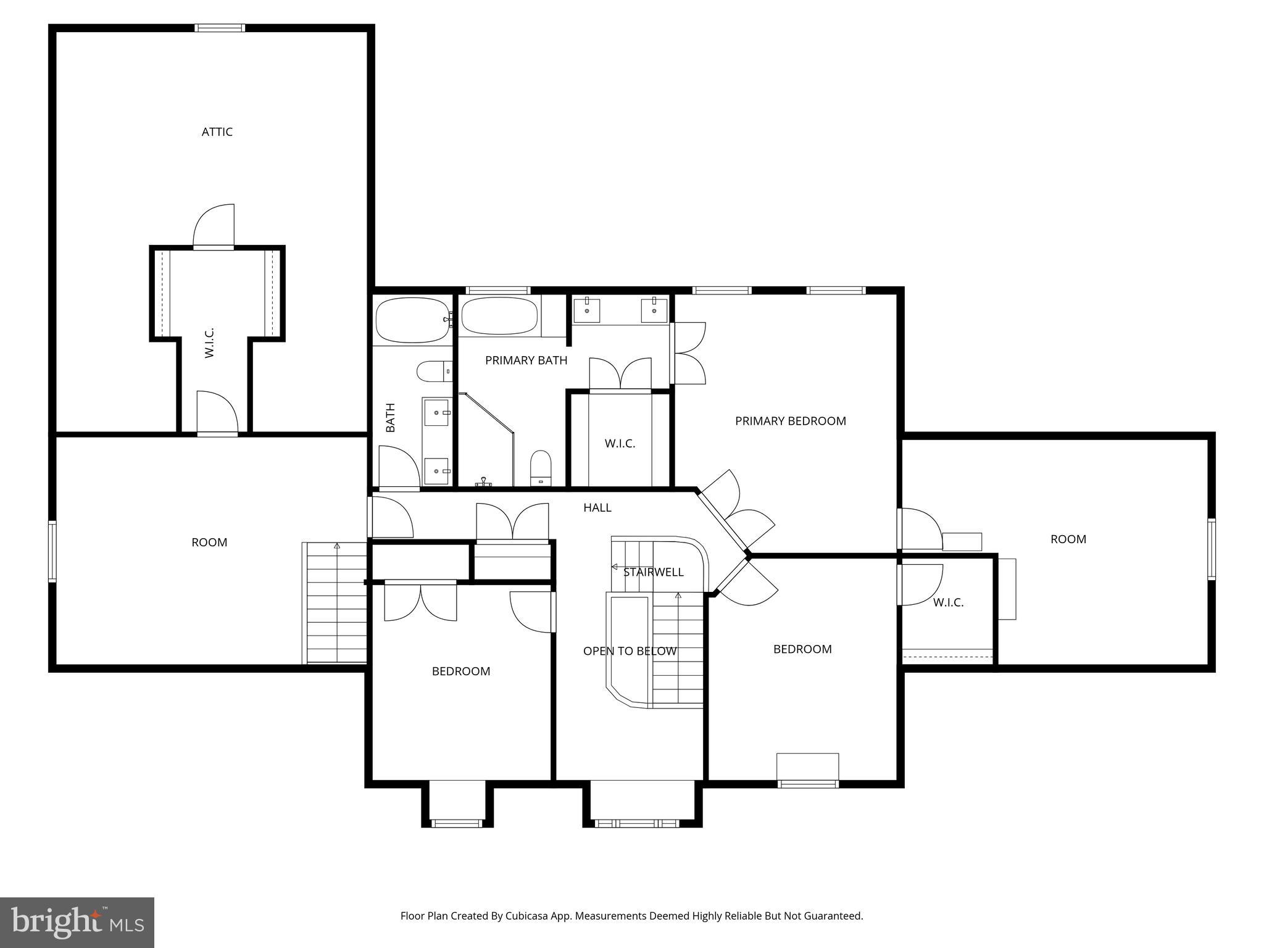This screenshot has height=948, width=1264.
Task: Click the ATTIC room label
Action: click(x=217, y=131)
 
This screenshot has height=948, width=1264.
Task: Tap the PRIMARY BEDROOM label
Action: click(x=790, y=421)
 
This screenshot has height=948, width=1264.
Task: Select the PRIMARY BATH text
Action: click(x=526, y=360)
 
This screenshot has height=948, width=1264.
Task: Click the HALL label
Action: click(x=597, y=507)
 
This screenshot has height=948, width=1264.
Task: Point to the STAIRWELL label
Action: click(x=653, y=572)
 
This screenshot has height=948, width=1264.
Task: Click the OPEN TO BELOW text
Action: click(x=630, y=651)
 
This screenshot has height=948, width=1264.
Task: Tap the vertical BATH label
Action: click(x=390, y=417)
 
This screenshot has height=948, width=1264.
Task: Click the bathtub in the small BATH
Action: click(x=412, y=320)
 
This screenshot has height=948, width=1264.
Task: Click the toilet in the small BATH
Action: click(x=434, y=372)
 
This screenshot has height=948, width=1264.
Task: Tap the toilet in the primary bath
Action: click(x=541, y=467)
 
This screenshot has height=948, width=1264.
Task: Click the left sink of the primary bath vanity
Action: click(x=586, y=310)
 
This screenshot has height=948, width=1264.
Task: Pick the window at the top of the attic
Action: click(x=220, y=28)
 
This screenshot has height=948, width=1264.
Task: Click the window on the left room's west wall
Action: click(x=52, y=551)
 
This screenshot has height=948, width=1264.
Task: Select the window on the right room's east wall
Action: click(x=1212, y=549)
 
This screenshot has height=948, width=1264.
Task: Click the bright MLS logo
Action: click(x=77, y=922)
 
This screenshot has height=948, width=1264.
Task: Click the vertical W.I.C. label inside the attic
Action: click(x=209, y=343)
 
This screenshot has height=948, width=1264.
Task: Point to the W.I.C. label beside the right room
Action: click(x=948, y=602)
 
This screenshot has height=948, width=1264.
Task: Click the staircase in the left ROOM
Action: click(x=336, y=602)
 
